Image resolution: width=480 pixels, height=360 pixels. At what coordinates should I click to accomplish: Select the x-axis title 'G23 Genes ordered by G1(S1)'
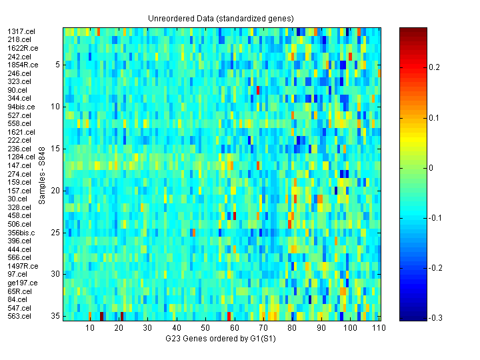pyautogui.click(x=221, y=339)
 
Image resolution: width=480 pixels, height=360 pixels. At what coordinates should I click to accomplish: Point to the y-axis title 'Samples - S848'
pyautogui.click(x=41, y=174)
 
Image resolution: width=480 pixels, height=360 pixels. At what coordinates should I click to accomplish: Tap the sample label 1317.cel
pyautogui.click(x=19, y=31)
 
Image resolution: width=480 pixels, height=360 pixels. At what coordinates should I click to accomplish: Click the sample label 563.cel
pyautogui.click(x=19, y=316)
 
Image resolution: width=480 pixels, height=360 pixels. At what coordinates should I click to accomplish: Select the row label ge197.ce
pyautogui.click(x=22, y=283)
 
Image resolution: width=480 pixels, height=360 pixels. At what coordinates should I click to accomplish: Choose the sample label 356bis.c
pyautogui.click(x=21, y=233)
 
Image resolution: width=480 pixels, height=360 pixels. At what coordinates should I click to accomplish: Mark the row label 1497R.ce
pyautogui.click(x=23, y=266)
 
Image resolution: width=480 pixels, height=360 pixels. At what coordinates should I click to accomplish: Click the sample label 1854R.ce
pyautogui.click(x=23, y=65)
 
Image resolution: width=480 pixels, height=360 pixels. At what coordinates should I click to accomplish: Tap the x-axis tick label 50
pyautogui.click(x=205, y=328)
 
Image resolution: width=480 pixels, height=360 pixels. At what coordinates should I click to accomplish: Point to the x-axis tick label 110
pyautogui.click(x=378, y=328)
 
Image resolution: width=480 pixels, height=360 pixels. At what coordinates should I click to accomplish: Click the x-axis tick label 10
pyautogui.click(x=90, y=328)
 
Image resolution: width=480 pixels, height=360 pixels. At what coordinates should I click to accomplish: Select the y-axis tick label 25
pyautogui.click(x=55, y=233)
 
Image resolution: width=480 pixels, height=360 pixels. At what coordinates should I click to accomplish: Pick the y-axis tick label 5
pyautogui.click(x=57, y=65)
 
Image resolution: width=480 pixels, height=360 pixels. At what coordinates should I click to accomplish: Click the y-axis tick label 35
pyautogui.click(x=55, y=316)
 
